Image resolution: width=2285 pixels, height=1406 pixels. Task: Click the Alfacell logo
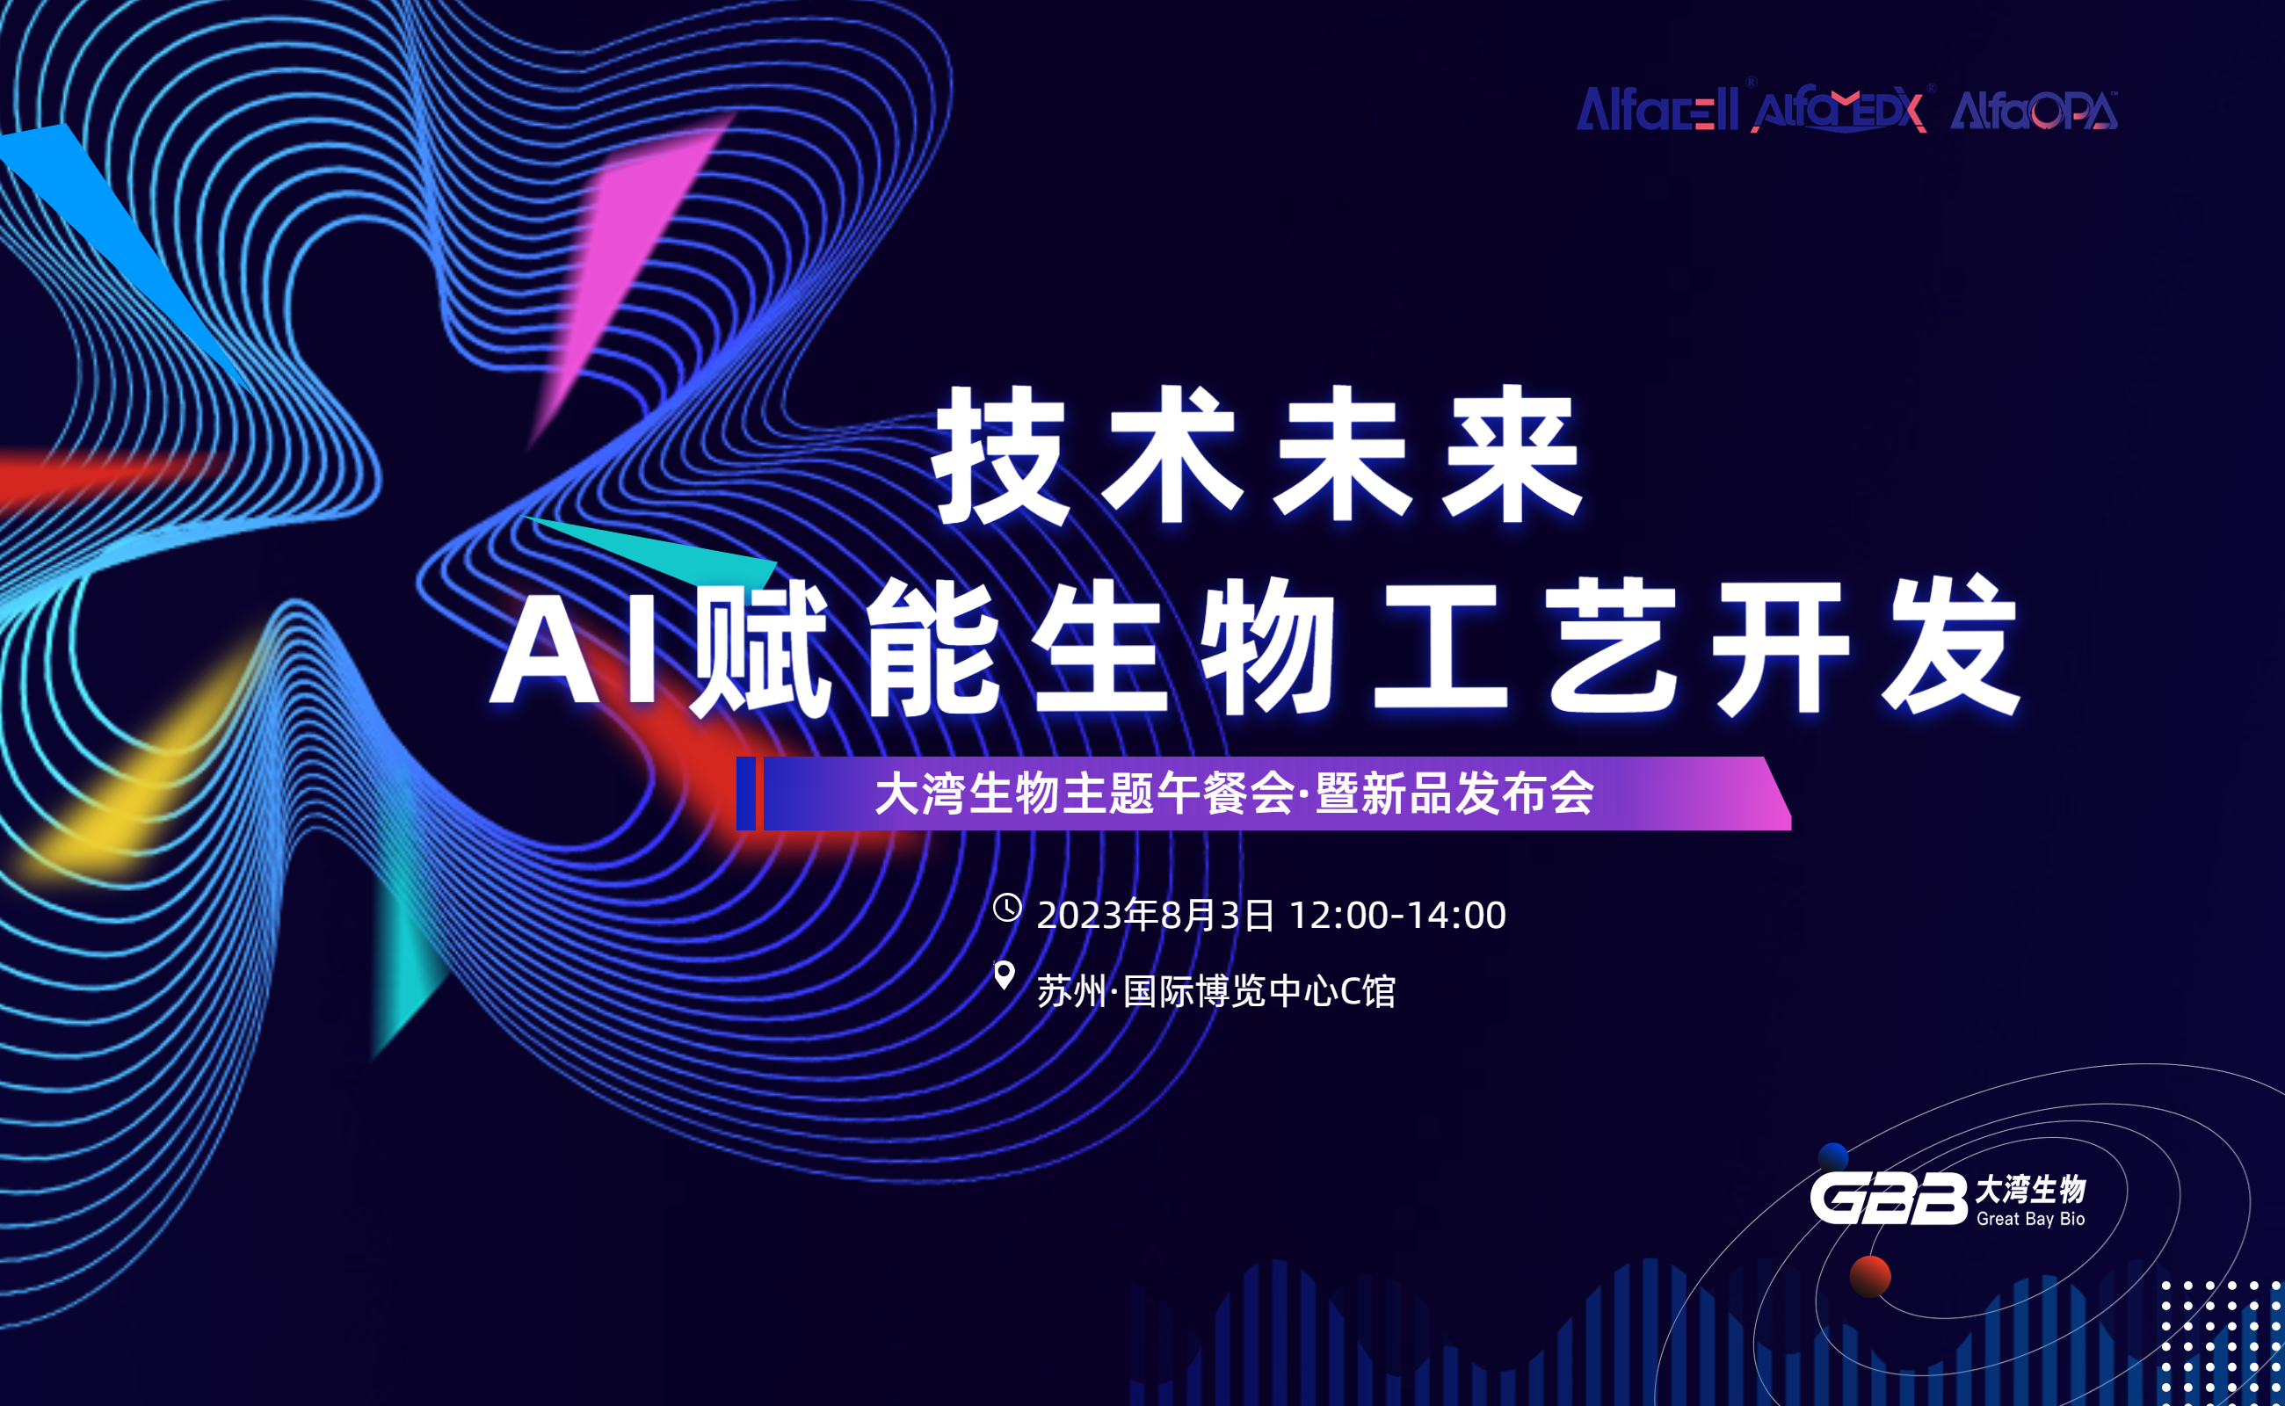pyautogui.click(x=1657, y=110)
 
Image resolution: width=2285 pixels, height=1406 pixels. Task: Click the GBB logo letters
pyautogui.click(x=1888, y=1199)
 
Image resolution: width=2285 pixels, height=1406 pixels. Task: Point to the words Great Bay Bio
pyautogui.click(x=2030, y=1219)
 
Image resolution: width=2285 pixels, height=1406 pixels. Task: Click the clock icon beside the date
pyautogui.click(x=1007, y=908)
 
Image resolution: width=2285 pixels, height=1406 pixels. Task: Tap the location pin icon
pyautogui.click(x=1005, y=975)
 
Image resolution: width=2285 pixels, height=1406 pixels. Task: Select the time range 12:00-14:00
pyautogui.click(x=1397, y=916)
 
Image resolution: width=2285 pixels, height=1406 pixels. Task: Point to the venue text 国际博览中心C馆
pyautogui.click(x=1259, y=991)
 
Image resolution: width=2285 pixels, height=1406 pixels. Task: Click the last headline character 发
pyautogui.click(x=1950, y=646)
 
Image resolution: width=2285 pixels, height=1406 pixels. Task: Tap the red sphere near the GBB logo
pyautogui.click(x=1870, y=1276)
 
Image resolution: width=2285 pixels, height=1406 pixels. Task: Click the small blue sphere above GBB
pyautogui.click(x=1833, y=1156)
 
